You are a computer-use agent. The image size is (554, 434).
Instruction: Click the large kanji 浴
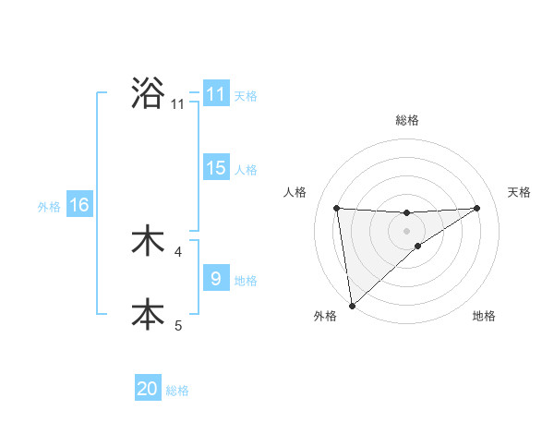pyautogui.click(x=148, y=93)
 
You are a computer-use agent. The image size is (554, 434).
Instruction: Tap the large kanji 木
pyautogui.click(x=148, y=241)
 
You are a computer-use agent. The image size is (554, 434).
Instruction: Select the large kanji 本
pyautogui.click(x=148, y=314)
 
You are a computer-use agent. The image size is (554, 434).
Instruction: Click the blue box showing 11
pyautogui.click(x=216, y=94)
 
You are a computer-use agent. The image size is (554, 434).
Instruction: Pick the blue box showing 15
pyautogui.click(x=216, y=168)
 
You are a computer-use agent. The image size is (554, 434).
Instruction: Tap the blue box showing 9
pyautogui.click(x=216, y=279)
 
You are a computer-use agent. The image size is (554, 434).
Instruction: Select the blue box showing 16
pyautogui.click(x=79, y=205)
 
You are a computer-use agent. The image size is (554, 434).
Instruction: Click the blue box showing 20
pyautogui.click(x=148, y=390)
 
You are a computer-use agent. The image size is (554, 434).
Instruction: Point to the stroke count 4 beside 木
pyautogui.click(x=178, y=251)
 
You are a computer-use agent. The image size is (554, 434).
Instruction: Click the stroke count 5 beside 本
pyautogui.click(x=178, y=325)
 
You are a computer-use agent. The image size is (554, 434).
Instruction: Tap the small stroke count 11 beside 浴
pyautogui.click(x=177, y=104)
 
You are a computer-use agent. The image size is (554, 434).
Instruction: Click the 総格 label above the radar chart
pyautogui.click(x=406, y=120)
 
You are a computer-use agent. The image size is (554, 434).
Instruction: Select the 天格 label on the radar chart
pyautogui.click(x=519, y=192)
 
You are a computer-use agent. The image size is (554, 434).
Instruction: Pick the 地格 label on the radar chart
pyautogui.click(x=484, y=316)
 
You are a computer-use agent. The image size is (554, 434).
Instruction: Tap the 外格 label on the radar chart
pyautogui.click(x=325, y=316)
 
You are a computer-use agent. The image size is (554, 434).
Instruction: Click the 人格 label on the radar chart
pyautogui.click(x=295, y=192)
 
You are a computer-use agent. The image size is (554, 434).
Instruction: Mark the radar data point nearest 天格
pyautogui.click(x=476, y=208)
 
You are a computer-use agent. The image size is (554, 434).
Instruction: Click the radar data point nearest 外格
pyautogui.click(x=351, y=305)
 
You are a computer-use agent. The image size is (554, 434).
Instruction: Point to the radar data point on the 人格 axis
pyautogui.click(x=337, y=208)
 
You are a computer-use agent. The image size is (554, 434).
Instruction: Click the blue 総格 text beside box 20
pyautogui.click(x=177, y=391)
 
